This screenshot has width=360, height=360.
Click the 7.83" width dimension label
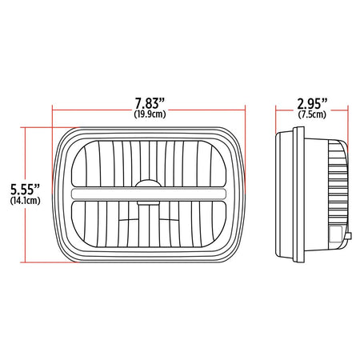[x=150, y=103]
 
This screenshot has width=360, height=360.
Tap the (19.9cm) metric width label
[x=150, y=114]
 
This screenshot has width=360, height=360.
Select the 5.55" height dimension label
[x=25, y=190]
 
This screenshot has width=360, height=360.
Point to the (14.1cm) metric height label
[x=26, y=201]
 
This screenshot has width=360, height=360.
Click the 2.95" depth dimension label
[x=312, y=104]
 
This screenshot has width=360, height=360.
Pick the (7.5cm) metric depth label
[x=312, y=114]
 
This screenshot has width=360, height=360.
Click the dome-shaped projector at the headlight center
[x=149, y=184]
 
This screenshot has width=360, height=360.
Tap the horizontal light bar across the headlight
[x=149, y=194]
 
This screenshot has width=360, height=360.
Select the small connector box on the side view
[x=335, y=234]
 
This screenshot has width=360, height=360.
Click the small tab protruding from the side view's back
[x=349, y=236]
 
